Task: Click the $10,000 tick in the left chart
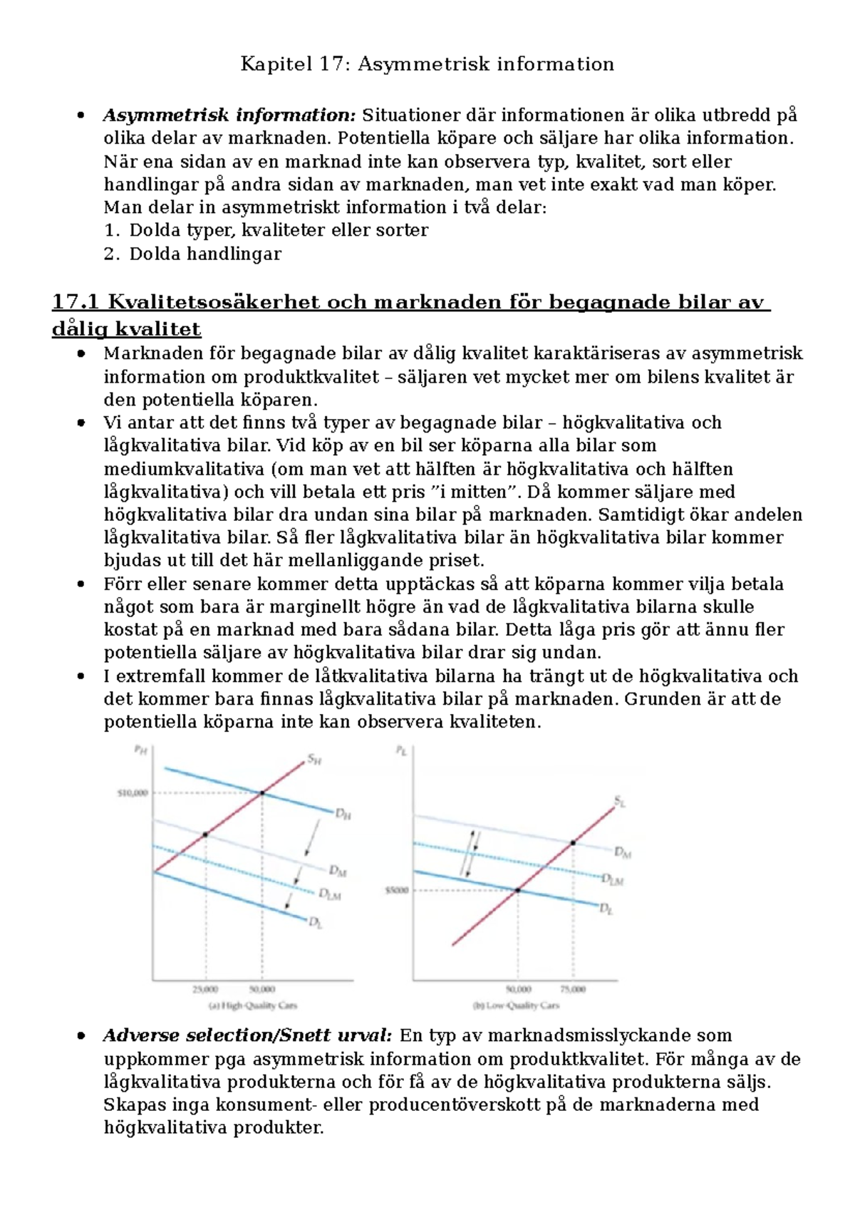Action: tap(133, 792)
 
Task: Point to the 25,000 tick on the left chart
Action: tap(205, 989)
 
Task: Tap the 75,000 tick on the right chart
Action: tap(573, 989)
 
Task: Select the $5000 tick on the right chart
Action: tap(397, 890)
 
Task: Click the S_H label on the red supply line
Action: tap(314, 760)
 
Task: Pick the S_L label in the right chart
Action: tap(619, 802)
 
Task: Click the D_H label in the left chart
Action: tap(343, 813)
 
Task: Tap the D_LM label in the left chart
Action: tap(329, 894)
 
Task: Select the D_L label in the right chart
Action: tap(606, 909)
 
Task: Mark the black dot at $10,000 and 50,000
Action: tap(262, 792)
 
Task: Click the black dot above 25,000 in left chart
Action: tap(205, 834)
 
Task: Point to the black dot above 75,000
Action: tap(573, 843)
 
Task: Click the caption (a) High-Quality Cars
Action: tap(252, 1005)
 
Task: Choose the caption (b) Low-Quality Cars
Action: tap(516, 1005)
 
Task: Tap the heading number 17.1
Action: tap(75, 302)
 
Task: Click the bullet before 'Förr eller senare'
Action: tap(83, 584)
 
